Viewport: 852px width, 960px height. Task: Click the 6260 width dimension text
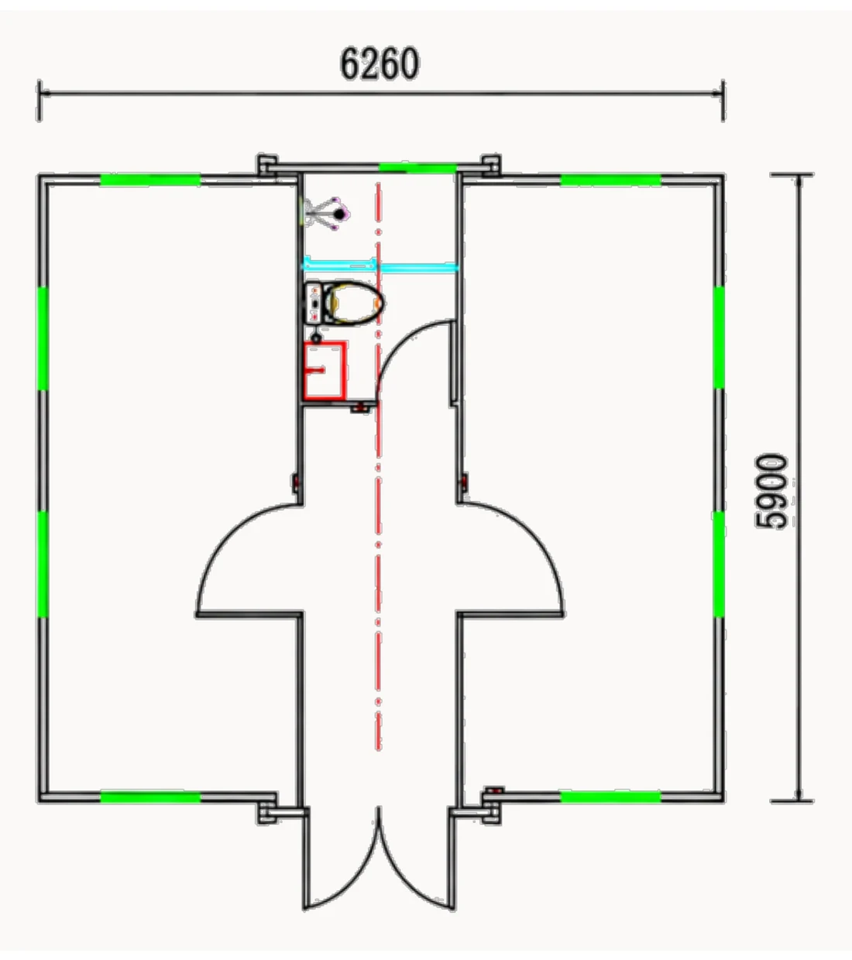tap(380, 63)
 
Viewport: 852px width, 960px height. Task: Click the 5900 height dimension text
tap(771, 491)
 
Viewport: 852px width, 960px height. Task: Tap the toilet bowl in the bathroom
tap(355, 303)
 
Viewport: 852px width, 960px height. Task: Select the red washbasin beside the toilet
tap(325, 371)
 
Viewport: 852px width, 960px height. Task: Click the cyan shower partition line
tap(381, 266)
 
